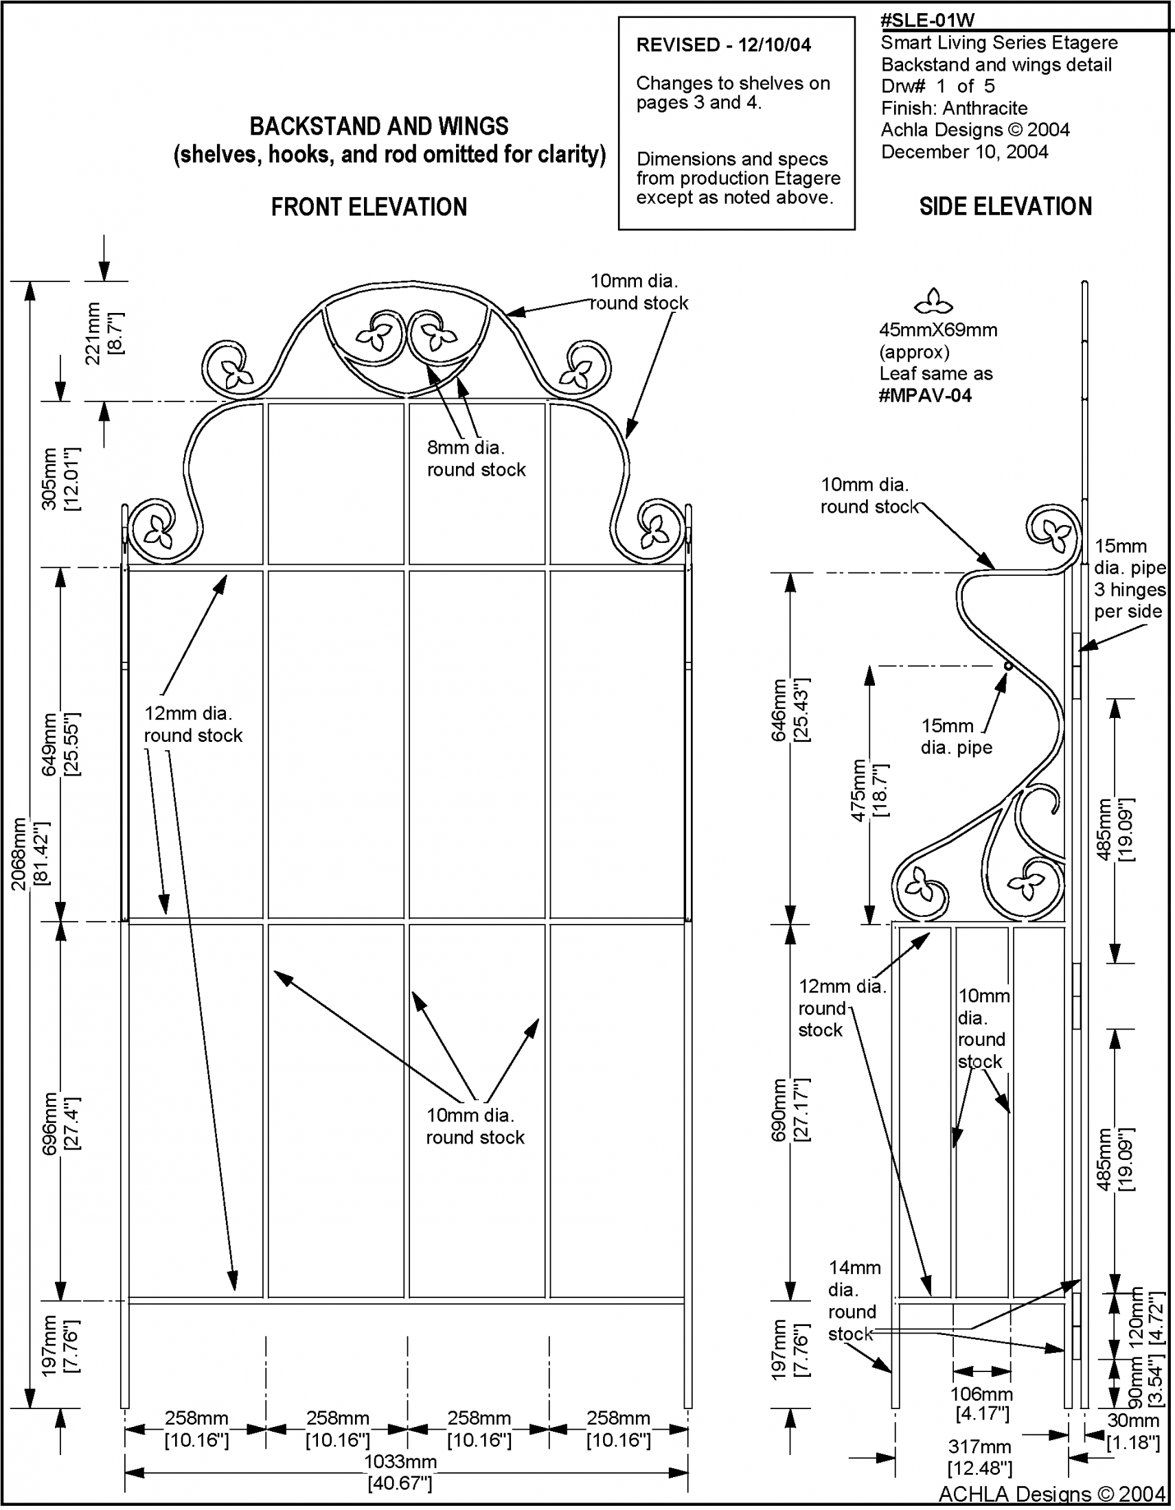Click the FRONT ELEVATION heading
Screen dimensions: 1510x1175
click(369, 207)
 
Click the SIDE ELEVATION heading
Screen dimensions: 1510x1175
click(1005, 206)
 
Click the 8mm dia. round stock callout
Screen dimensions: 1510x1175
click(476, 458)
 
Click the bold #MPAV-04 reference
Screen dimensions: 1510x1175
click(924, 395)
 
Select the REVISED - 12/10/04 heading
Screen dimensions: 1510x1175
click(723, 45)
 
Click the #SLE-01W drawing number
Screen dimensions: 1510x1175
click(927, 20)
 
